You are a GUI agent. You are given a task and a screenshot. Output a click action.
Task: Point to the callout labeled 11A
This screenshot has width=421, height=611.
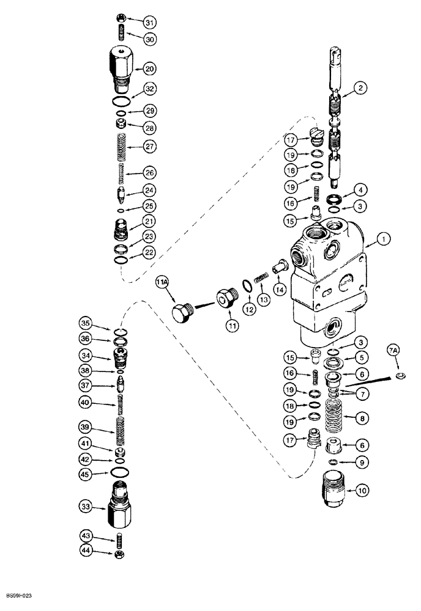pyautogui.click(x=162, y=282)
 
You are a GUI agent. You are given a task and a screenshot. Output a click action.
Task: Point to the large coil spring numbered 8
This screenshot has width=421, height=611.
pyautogui.click(x=335, y=418)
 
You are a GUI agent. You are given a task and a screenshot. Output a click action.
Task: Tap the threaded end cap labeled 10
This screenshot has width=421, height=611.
pyautogui.click(x=333, y=488)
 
